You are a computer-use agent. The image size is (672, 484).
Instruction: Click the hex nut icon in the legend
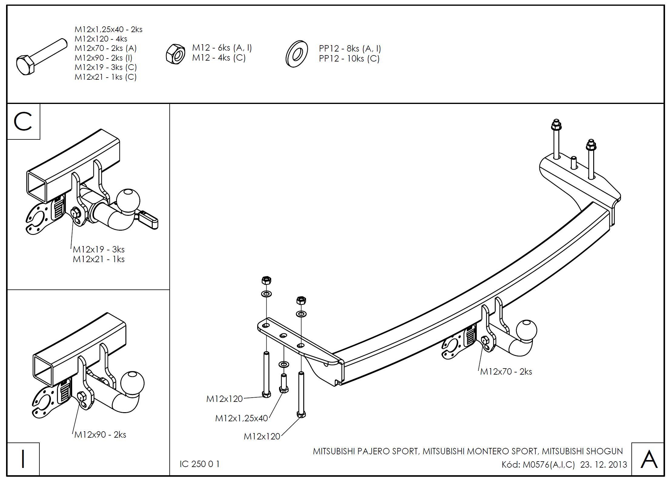(175, 54)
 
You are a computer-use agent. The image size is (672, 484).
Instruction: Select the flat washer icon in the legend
(296, 54)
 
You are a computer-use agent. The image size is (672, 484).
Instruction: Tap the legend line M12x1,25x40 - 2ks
(108, 29)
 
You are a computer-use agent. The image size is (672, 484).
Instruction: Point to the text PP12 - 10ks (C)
(349, 58)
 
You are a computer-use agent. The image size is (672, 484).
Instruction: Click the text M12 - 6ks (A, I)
(222, 48)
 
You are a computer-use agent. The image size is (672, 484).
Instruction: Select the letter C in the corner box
(23, 122)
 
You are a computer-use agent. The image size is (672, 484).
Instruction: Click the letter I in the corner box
(23, 459)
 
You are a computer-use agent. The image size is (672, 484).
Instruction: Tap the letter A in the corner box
(649, 459)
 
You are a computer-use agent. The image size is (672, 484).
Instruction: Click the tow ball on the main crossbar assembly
(526, 331)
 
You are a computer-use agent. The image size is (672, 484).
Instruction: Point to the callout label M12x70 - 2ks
(506, 372)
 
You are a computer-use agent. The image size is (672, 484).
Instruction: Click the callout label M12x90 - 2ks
(100, 435)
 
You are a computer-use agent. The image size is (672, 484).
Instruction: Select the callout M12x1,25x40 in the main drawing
(241, 418)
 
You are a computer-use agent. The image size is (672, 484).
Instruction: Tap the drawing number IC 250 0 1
(199, 464)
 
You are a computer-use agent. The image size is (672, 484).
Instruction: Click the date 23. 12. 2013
(604, 465)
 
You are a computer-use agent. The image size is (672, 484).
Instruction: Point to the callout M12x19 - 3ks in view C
(98, 249)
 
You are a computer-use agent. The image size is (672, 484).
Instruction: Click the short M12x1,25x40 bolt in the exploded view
(284, 383)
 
